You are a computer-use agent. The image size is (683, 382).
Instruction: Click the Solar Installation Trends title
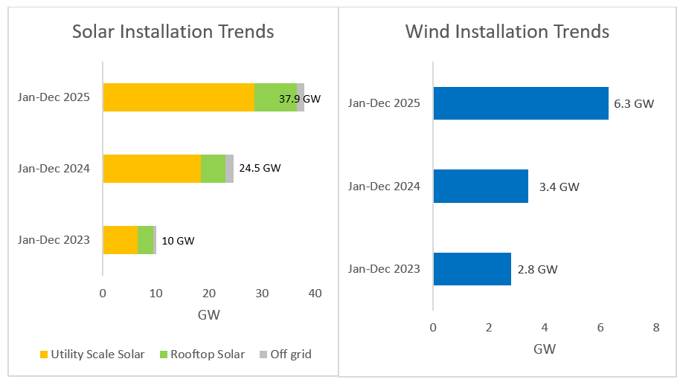173,32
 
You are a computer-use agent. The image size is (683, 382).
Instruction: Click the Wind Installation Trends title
507,32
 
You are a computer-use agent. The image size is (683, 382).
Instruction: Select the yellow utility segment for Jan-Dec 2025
179,97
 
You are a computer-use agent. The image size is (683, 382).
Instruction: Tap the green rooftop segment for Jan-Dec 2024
213,169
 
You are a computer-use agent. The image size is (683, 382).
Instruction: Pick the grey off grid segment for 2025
301,97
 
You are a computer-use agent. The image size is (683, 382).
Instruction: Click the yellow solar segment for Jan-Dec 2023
121,239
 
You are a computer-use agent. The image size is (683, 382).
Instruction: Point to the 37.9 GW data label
300,98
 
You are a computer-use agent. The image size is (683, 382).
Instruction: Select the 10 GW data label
178,240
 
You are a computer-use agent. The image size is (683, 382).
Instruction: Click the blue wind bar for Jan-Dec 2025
520,103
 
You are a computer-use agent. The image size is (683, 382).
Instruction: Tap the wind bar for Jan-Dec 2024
481,186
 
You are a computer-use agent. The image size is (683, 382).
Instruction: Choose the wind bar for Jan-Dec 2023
472,268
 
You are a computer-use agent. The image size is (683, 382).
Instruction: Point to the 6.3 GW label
634,104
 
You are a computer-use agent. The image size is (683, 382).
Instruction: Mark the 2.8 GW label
537,269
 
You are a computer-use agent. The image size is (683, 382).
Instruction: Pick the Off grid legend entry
285,355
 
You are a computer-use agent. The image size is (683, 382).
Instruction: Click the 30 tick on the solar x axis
262,294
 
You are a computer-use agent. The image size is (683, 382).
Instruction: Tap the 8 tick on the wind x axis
655,328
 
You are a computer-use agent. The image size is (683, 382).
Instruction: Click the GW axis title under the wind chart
545,349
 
